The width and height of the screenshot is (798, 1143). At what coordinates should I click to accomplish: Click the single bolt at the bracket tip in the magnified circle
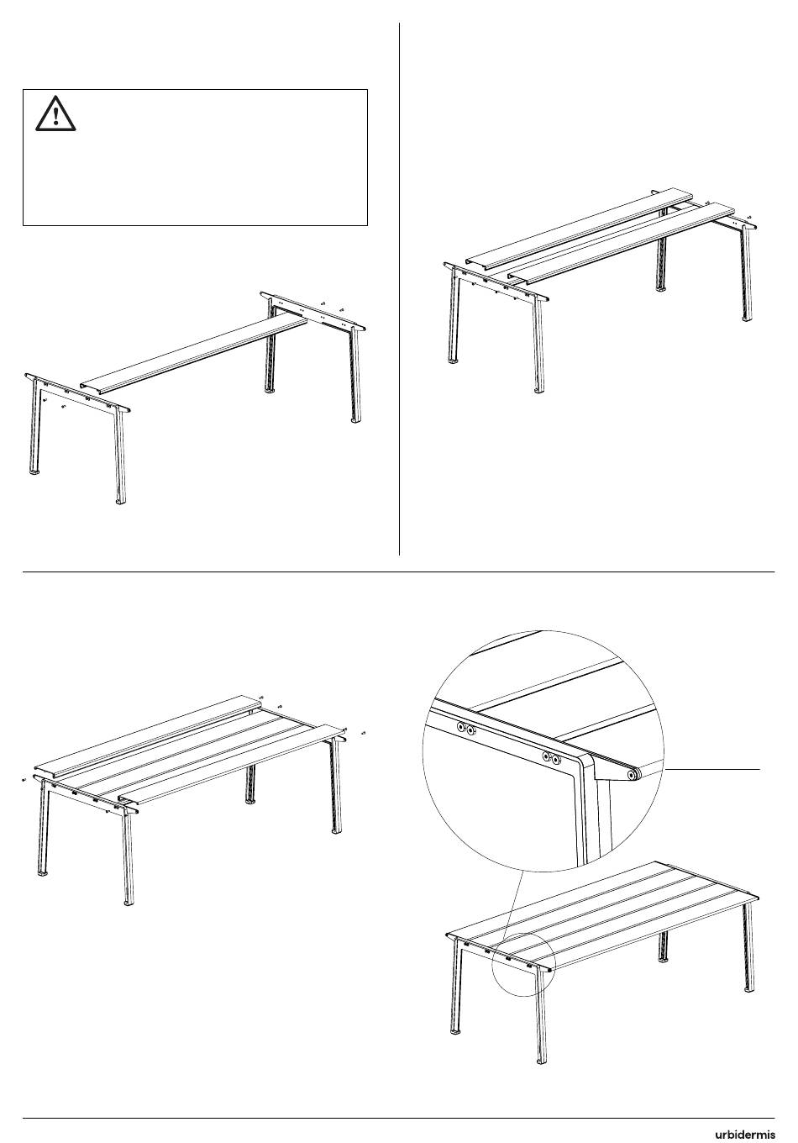(633, 775)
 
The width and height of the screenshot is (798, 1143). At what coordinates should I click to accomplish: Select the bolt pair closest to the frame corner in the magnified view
(552, 758)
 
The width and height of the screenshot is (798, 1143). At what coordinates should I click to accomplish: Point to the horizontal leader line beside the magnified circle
(713, 768)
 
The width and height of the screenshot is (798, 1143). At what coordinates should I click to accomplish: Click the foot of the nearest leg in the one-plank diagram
(121, 502)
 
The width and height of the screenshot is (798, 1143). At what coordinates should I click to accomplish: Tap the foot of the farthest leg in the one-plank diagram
(268, 392)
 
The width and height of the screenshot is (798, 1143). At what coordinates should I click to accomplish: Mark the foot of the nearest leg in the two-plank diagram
(540, 391)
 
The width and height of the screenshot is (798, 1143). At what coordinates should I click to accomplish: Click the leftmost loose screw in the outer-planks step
(24, 780)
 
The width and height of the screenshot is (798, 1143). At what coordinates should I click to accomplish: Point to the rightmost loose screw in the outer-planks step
(363, 733)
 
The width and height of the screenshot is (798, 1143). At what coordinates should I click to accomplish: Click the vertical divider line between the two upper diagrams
(399, 289)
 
